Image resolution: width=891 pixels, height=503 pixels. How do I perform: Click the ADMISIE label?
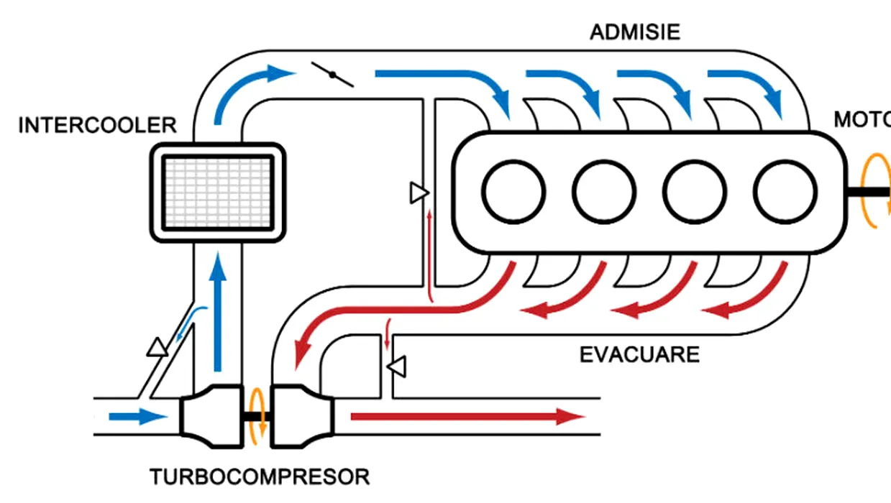(634, 32)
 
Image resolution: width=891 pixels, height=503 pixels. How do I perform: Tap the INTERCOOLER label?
(97, 125)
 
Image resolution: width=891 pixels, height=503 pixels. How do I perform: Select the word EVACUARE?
(639, 355)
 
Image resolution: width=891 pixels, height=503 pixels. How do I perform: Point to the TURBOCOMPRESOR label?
(260, 476)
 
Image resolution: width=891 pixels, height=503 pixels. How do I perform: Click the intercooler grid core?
(216, 190)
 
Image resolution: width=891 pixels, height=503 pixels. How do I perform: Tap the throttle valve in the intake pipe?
(332, 74)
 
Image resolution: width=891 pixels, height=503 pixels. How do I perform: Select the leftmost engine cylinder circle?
(513, 191)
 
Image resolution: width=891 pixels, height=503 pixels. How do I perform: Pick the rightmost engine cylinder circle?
(785, 191)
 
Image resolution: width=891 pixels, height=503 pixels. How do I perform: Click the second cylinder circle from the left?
(604, 191)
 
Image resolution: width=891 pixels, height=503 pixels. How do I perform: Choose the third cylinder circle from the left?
(695, 191)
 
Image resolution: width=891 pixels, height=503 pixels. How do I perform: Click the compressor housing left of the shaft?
(209, 416)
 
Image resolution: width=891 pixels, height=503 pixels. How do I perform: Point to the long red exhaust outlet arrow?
(467, 416)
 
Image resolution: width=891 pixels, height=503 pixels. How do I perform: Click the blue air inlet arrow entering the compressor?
(137, 416)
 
